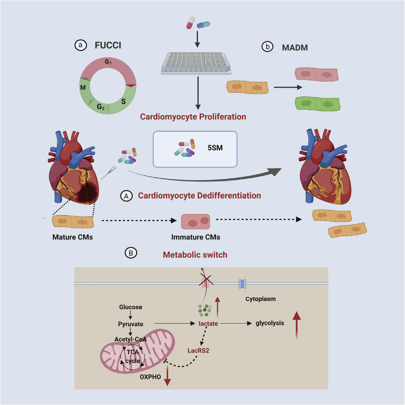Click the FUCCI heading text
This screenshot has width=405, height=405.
(108, 45)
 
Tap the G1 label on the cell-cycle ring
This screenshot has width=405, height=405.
(108, 62)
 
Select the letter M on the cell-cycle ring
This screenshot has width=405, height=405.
(83, 87)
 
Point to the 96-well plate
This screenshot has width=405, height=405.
(196, 63)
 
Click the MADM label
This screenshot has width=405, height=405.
(295, 48)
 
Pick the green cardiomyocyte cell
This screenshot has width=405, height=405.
(318, 104)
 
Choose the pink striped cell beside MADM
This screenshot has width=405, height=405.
(316, 74)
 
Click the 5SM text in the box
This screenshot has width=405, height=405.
(215, 148)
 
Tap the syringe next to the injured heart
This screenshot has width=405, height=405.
(108, 173)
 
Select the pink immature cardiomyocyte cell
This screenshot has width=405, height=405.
(195, 222)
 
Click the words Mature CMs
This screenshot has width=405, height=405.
(73, 237)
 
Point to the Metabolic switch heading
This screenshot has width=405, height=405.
(195, 255)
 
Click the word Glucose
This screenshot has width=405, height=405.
(131, 307)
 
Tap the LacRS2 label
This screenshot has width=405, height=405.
(198, 351)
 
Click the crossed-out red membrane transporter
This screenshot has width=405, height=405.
(206, 283)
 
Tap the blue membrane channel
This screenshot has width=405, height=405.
(242, 284)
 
